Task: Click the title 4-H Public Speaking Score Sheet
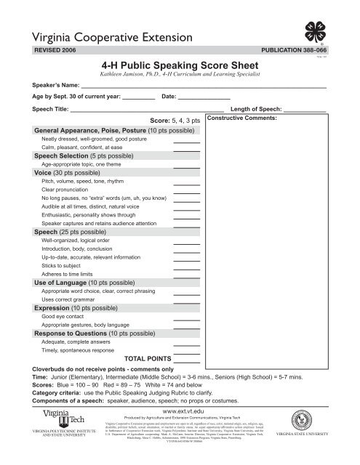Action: [x=180, y=64]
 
